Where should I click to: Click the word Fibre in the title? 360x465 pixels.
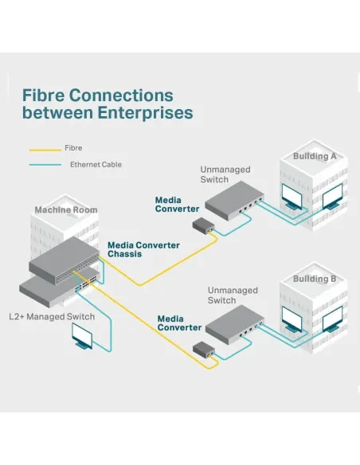[x=43, y=96]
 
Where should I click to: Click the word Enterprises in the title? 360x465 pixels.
[x=145, y=113]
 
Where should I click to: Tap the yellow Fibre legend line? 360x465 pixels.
[x=45, y=150]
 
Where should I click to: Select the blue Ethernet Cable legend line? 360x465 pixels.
[x=45, y=165]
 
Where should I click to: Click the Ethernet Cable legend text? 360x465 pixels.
[x=96, y=165]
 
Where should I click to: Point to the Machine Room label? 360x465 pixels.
[x=66, y=209]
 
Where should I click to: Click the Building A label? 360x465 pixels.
[x=315, y=156]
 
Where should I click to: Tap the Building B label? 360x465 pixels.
[x=315, y=279]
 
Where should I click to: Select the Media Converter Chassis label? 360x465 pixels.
[x=143, y=249]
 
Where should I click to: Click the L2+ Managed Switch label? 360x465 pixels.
[x=52, y=317]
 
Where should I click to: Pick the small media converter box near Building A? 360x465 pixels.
[x=204, y=225]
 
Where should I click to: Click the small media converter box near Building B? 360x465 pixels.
[x=204, y=348]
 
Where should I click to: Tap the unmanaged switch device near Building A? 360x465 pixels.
[x=234, y=201]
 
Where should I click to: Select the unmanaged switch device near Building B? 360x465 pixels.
[x=235, y=324]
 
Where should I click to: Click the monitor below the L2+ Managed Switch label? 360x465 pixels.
[x=82, y=336]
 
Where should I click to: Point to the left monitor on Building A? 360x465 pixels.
[x=292, y=197]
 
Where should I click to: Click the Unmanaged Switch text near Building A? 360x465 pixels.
[x=225, y=174]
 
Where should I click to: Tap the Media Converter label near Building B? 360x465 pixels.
[x=179, y=323]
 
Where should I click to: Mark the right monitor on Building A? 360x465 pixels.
[x=332, y=197]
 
